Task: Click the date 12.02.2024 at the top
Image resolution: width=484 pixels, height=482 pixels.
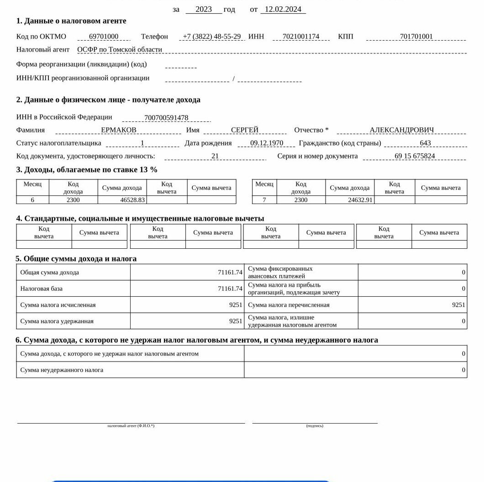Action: [283, 9]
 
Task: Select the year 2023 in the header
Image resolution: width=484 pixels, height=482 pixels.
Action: [204, 9]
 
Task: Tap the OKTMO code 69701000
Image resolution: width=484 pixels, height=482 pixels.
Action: [104, 37]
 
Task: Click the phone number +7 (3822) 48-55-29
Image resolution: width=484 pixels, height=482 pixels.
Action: [211, 37]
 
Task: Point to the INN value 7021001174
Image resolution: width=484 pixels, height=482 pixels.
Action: [301, 37]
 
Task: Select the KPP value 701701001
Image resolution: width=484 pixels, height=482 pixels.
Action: [416, 37]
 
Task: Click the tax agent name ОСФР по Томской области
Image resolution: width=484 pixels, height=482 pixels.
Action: [120, 50]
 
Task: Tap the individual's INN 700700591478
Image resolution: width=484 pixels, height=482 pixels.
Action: [166, 118]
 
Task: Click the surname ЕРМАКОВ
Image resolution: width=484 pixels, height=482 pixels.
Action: [119, 130]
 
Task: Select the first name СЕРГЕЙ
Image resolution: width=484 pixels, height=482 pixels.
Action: [245, 130]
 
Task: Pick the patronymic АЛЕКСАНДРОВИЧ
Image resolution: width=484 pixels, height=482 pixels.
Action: [402, 130]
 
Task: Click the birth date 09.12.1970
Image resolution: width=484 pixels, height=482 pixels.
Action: [267, 143]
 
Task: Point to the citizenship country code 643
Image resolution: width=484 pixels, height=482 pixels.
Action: [425, 143]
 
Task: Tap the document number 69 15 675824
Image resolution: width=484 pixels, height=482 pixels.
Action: [415, 156]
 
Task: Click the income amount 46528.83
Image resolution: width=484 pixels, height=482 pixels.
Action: [132, 200]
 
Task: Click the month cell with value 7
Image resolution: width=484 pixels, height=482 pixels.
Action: [264, 200]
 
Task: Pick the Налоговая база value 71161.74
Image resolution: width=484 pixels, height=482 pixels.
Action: [230, 288]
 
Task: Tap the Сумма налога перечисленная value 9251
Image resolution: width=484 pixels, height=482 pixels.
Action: [458, 305]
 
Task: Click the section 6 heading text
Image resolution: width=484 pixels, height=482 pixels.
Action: [197, 340]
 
